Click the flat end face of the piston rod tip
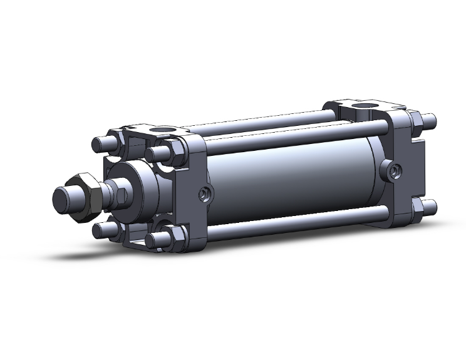coord(63,199)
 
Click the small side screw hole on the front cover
coord(203,194)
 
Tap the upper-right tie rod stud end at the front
coord(152,154)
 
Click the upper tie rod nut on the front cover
coord(173,150)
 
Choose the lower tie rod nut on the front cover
coord(173,236)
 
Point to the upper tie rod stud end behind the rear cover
coord(430,118)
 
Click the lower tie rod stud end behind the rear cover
coord(430,205)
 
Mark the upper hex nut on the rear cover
coord(417,120)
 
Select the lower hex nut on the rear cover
coord(417,207)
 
